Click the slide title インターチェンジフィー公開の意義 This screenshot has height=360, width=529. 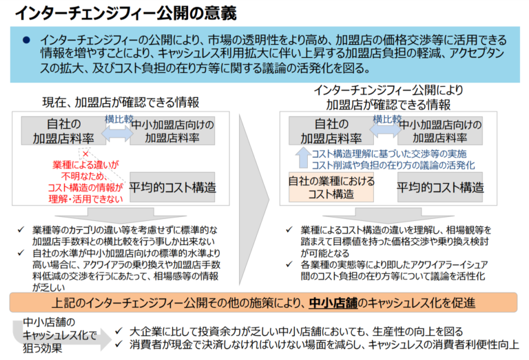coord(125,13)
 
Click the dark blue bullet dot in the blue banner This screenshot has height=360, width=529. coord(26,41)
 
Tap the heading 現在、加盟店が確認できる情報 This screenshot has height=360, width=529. coord(121,103)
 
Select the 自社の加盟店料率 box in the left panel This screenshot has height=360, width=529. coord(63,131)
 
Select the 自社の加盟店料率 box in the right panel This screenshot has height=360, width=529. coord(331,131)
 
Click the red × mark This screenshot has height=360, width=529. coord(85,154)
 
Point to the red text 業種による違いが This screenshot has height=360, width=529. coord(85,165)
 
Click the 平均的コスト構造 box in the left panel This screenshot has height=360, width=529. coord(172,187)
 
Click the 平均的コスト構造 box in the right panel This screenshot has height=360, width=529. coord(440,187)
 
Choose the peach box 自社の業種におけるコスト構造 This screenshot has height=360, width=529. coord(331,187)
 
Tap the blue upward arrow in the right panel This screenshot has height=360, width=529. coord(303,158)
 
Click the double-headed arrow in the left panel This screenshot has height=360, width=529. coord(118,134)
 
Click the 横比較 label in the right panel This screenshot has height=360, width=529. coord(387,119)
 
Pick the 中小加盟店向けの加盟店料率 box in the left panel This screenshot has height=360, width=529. coord(172,131)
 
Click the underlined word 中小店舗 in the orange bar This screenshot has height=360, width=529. coord(333,303)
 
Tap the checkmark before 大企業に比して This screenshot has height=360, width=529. coord(118,331)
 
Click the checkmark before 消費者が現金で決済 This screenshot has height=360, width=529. coord(118,344)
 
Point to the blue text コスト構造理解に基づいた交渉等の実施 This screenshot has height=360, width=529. coord(389,153)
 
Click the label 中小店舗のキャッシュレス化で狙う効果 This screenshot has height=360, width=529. coord(59,335)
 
